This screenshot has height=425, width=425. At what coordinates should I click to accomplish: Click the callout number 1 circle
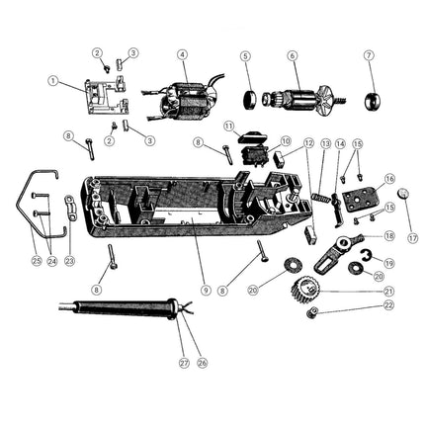[53, 80]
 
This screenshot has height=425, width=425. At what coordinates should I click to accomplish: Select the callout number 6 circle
[293, 55]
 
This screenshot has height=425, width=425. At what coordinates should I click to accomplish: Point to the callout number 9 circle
[207, 290]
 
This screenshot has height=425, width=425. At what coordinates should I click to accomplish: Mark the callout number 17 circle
[413, 237]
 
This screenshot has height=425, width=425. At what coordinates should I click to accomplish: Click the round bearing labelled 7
[375, 101]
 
